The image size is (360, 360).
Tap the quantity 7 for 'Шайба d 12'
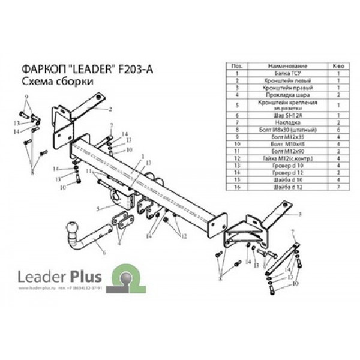tap(338, 187)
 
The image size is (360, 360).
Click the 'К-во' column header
tap(338, 65)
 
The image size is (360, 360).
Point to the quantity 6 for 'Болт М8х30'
tap(338, 129)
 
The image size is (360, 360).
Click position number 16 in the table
tap(238, 187)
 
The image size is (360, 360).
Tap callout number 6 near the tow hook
tap(103, 254)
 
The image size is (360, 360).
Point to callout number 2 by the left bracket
tap(110, 110)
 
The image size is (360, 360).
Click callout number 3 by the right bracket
tap(299, 213)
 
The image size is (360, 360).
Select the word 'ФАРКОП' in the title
tap(40, 69)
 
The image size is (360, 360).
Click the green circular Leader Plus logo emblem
tap(128, 278)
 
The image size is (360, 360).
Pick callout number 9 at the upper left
tap(26, 97)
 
